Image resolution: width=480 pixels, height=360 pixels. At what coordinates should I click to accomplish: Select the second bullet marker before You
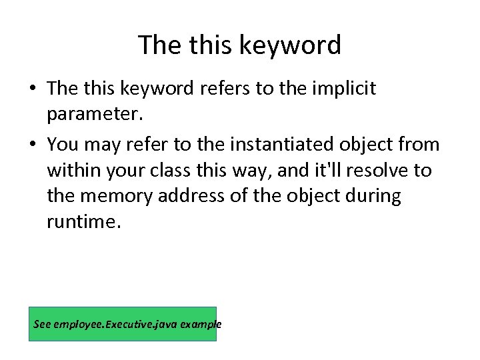(33, 145)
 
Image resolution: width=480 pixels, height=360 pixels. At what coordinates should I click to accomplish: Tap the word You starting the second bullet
(63, 144)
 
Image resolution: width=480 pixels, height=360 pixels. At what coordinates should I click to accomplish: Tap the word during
(374, 197)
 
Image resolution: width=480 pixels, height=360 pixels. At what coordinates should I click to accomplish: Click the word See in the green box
(42, 325)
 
